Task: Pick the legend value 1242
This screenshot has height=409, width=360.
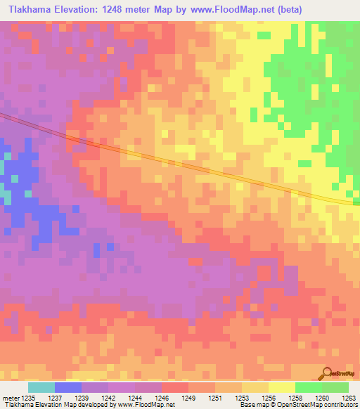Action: [108, 397]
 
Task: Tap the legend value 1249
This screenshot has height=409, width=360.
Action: [188, 397]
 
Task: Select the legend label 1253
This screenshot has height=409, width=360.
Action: [241, 397]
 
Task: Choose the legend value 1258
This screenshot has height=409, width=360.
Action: [295, 397]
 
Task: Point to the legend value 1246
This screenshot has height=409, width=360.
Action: [161, 397]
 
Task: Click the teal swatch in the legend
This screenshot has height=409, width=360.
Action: [41, 387]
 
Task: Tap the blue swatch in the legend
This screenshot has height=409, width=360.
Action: [67, 387]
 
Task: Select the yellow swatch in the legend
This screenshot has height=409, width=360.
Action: [281, 387]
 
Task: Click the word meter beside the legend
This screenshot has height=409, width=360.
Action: [10, 397]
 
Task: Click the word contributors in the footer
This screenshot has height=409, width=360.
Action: [341, 405]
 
